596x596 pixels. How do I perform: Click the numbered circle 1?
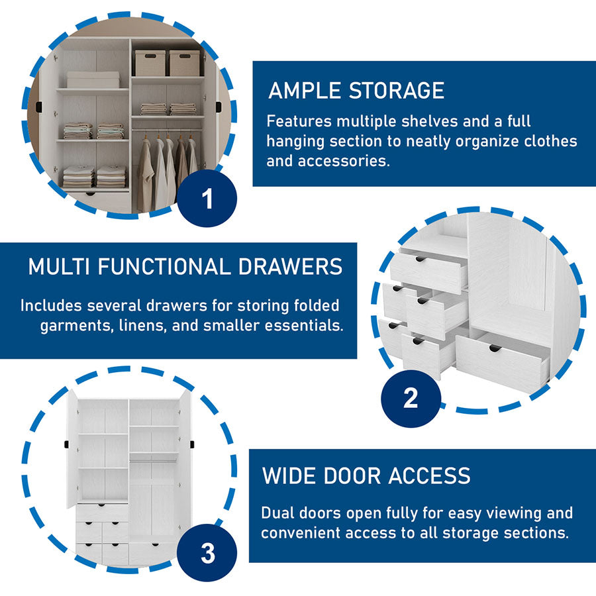pos(207,199)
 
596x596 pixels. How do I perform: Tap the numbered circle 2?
pos(411,397)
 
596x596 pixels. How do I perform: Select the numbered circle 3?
pos(207,554)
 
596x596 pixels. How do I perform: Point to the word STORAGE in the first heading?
pos(401,91)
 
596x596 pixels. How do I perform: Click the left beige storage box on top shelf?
pos(150,63)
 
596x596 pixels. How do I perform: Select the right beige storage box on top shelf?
pos(184,63)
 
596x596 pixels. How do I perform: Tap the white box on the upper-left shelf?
pos(93,79)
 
